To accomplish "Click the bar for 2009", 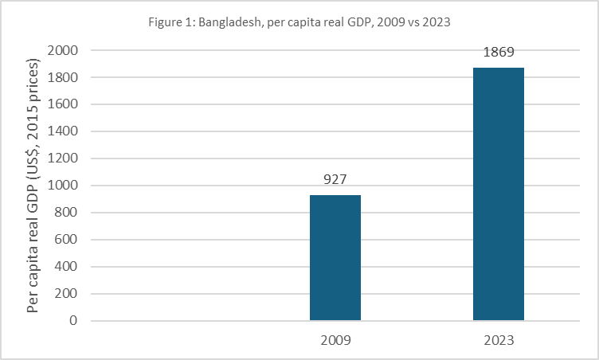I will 335,258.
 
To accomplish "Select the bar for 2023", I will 499,194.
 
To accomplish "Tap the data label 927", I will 335,179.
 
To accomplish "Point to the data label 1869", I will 499,52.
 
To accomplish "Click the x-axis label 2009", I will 335,340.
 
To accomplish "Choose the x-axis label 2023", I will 499,340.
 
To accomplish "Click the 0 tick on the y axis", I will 72,321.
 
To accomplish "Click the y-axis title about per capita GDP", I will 33,185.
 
